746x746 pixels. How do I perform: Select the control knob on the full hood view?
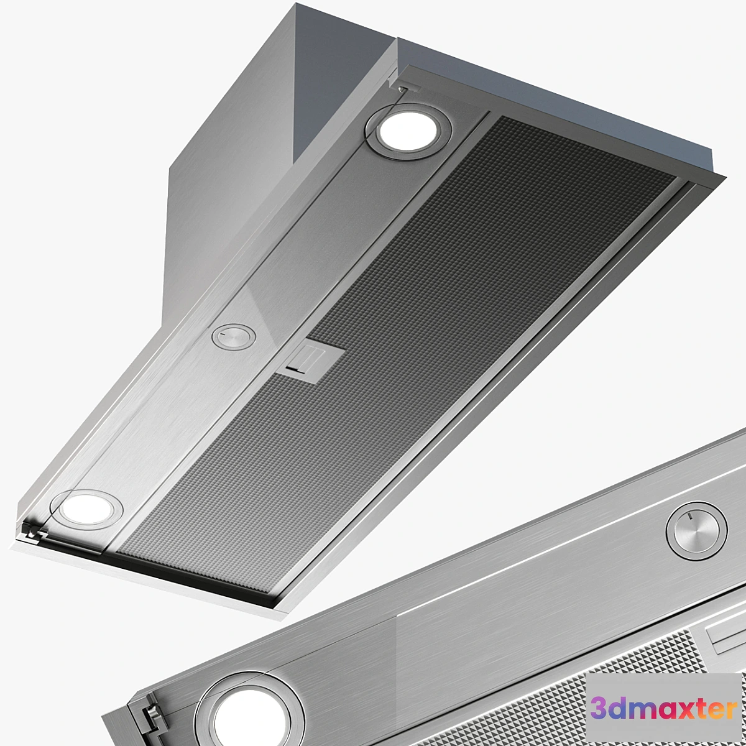[x=233, y=337]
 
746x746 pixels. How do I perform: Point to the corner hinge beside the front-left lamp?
[x=32, y=532]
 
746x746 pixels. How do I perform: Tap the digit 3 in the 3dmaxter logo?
[x=599, y=708]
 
